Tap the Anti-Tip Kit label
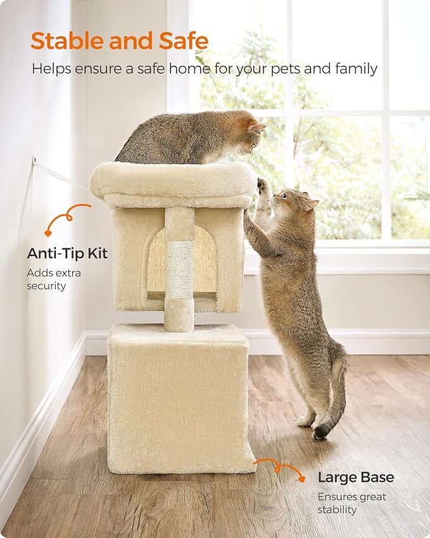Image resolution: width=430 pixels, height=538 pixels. (67, 253)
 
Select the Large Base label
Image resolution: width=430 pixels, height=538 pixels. (355, 477)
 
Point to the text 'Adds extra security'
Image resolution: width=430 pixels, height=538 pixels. (54, 279)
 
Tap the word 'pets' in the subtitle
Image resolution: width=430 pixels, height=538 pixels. (288, 68)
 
